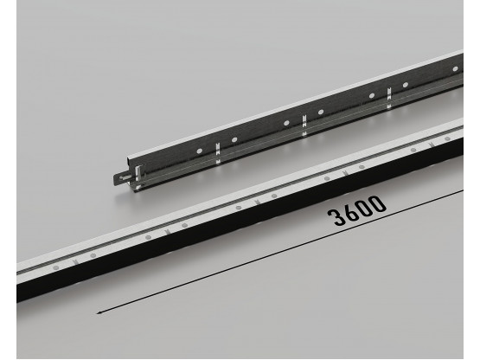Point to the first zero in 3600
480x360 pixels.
tap(363, 208)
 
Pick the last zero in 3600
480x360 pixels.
tap(377, 202)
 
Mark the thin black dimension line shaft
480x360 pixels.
tap(259, 252)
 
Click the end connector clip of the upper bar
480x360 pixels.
tap(123, 178)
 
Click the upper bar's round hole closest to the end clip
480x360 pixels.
tap(197, 151)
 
